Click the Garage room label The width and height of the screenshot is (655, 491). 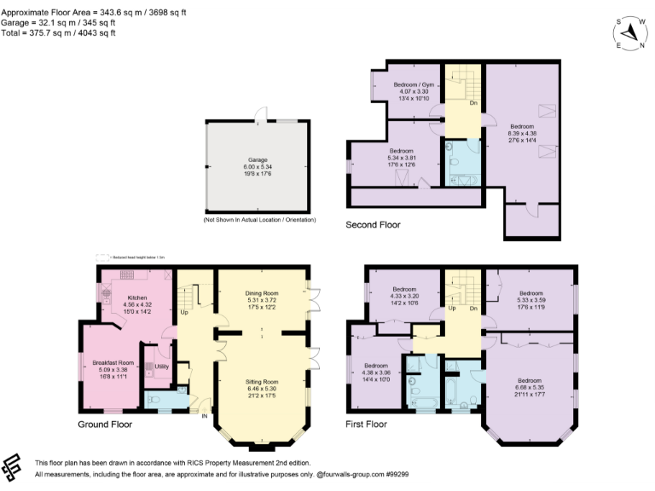(258, 159)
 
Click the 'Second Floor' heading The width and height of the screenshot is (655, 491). (373, 225)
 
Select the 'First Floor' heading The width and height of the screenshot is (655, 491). (367, 424)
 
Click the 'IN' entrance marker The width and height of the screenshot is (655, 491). (204, 417)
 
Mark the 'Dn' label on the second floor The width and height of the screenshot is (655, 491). (472, 103)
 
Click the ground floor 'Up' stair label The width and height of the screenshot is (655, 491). (183, 312)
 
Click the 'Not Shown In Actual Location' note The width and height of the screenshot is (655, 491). (258, 220)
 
